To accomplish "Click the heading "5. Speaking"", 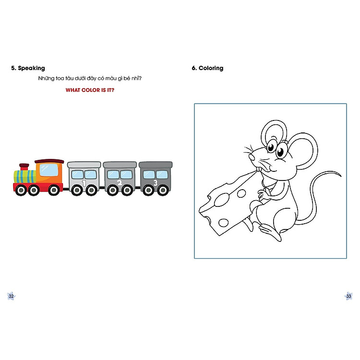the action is (28, 68).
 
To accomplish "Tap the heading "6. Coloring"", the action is (207, 68).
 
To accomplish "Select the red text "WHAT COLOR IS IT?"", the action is (90, 90).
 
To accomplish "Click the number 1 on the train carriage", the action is (84, 183).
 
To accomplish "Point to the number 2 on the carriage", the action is (120, 183).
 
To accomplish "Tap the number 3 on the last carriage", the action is (156, 183).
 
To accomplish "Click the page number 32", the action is (11, 296).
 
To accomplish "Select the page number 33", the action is (349, 296).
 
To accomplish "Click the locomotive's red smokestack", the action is (24, 167).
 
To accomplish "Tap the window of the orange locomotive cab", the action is (49, 170).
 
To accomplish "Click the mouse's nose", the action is (252, 157).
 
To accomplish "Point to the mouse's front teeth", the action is (259, 169).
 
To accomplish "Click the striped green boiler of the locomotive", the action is (25, 177).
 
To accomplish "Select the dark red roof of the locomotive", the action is (49, 161).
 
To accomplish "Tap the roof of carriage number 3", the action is (156, 165).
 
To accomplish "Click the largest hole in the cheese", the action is (222, 200).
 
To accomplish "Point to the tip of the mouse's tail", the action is (341, 176).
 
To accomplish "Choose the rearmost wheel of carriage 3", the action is (163, 191).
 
